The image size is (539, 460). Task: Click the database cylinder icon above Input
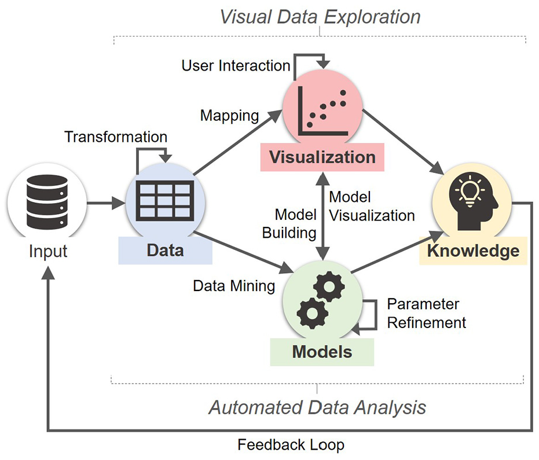coord(47,202)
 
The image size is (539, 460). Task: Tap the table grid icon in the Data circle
coord(165,201)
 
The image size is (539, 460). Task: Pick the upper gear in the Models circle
coord(329,286)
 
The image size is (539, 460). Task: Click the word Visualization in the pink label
coord(322,157)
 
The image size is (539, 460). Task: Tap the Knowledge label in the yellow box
coord(473,251)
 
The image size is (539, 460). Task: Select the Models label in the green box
coord(322,352)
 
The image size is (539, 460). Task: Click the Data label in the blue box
coord(165,250)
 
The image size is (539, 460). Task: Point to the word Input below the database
coord(48,251)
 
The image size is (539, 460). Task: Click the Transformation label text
coord(116,137)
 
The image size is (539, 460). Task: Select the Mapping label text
coord(229,116)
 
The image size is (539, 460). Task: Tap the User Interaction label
coord(236,65)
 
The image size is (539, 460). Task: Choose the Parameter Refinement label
coord(426,313)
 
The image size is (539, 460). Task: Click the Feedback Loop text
coord(291,445)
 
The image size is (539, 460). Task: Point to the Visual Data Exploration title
coord(320,17)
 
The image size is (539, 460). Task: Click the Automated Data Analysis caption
coord(317,408)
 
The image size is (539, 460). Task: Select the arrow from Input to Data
coord(105,203)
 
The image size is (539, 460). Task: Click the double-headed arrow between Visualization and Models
coord(322,216)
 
